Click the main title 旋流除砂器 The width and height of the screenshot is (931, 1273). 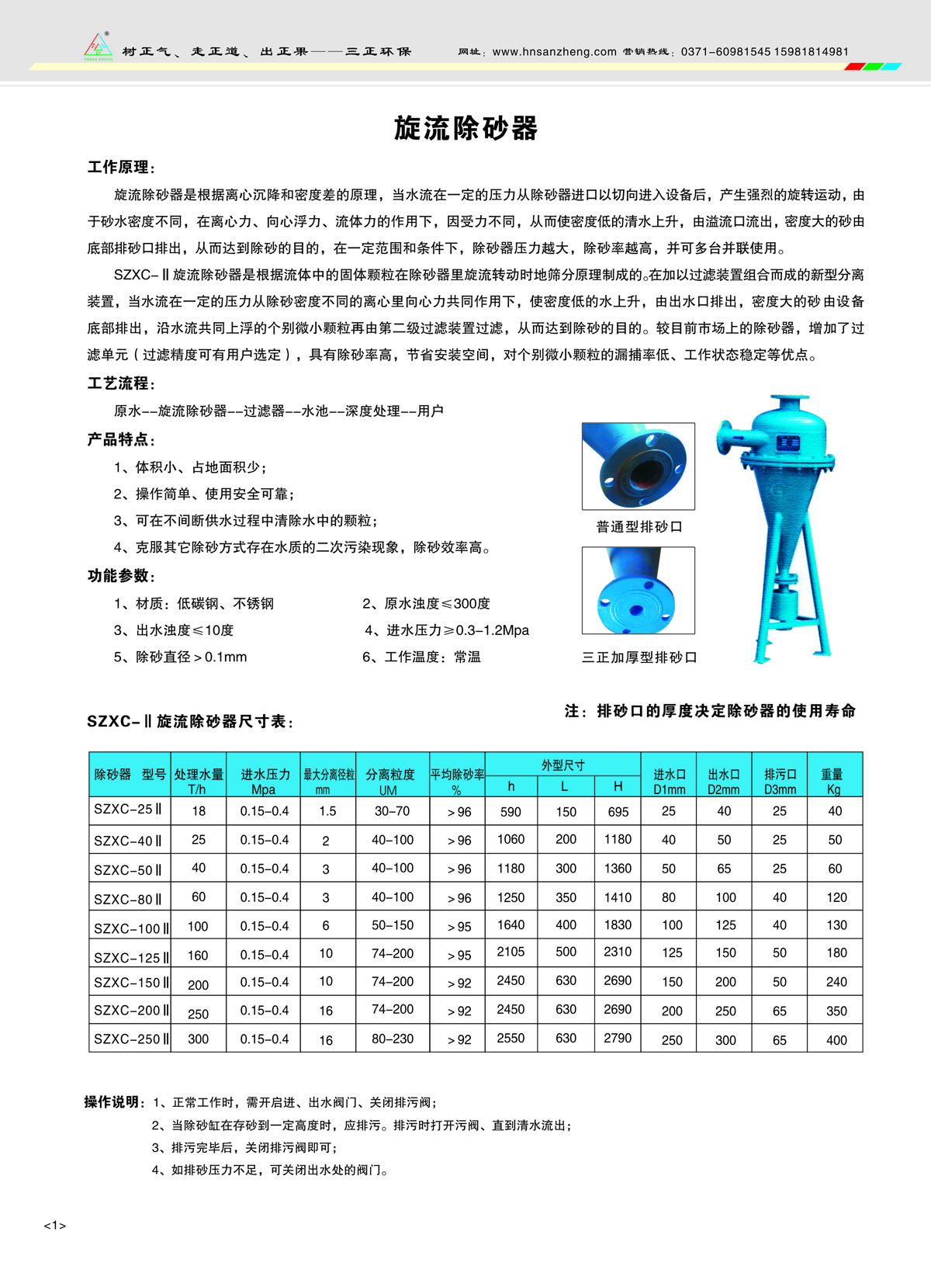tap(465, 128)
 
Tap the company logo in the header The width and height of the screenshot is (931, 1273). tap(98, 47)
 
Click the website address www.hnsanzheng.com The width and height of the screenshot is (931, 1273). tap(554, 52)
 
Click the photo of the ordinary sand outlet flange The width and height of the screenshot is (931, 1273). tap(638, 466)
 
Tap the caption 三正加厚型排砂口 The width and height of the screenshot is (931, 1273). tap(639, 657)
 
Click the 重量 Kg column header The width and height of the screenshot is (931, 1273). tap(834, 781)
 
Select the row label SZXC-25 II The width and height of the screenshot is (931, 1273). tap(128, 810)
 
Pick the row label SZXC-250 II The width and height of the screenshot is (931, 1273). tap(130, 1039)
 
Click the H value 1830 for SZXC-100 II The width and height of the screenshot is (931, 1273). tap(618, 925)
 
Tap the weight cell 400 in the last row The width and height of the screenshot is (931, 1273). tap(836, 1040)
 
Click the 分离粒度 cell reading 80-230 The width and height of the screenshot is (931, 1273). tap(393, 1039)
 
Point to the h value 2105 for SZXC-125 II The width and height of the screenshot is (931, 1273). tap(510, 952)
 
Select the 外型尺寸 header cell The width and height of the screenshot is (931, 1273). tap(562, 765)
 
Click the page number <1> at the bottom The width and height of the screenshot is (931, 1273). tap(54, 1226)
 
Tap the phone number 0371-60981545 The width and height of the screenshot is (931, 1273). tap(725, 52)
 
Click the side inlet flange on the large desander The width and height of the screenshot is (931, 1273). tap(724, 436)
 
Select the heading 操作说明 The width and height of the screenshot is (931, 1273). tap(113, 1102)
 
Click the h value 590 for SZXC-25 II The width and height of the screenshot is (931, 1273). tap(510, 812)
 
